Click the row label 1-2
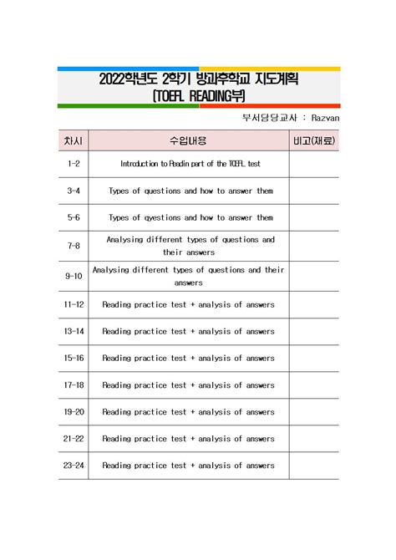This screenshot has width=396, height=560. click(74, 165)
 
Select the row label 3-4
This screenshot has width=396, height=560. click(74, 191)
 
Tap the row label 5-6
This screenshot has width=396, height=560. click(74, 218)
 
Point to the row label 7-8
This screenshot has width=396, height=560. click(74, 246)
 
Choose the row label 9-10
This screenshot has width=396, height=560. click(74, 277)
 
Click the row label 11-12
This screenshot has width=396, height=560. click(74, 305)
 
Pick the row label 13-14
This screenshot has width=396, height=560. click(74, 332)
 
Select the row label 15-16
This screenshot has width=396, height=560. click(74, 359)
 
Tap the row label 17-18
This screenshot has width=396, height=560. click(74, 385)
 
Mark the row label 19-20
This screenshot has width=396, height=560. click(74, 412)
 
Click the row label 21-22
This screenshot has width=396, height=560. click(74, 439)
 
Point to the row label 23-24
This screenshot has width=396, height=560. click(74, 466)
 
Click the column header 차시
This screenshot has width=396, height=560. click(74, 140)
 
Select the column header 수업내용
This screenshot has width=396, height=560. click(189, 140)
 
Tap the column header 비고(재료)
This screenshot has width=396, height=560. click(314, 140)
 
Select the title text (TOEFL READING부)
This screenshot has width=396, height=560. click(198, 96)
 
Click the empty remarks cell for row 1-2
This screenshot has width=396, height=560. click(314, 165)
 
